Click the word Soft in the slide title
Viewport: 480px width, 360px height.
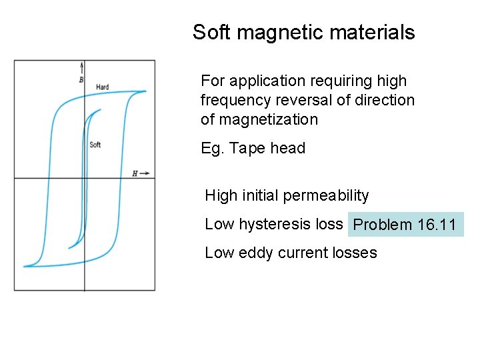(209, 32)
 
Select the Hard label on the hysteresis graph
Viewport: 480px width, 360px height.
(102, 87)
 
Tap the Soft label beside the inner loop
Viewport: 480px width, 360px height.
(95, 145)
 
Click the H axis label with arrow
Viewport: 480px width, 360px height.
(140, 173)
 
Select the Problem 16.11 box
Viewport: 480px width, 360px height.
(406, 225)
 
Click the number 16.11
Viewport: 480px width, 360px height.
(437, 225)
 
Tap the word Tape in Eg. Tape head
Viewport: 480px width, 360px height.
(246, 148)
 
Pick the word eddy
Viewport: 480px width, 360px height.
(254, 253)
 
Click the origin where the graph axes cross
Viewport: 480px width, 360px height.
(85, 178)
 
